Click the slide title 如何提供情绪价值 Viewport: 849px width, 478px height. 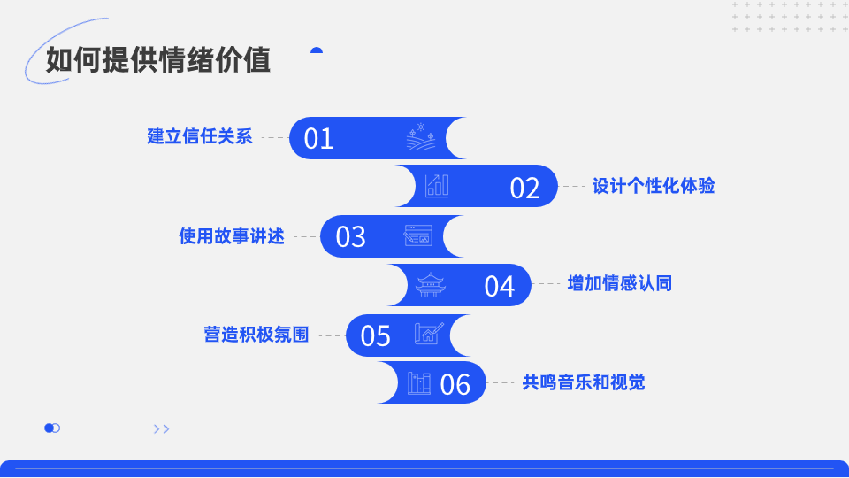point(158,59)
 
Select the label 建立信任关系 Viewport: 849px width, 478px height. point(200,136)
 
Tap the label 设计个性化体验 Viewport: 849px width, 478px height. point(654,186)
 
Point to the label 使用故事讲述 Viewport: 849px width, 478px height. point(232,236)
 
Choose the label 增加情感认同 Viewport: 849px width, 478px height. point(620,283)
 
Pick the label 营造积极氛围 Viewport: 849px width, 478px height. point(256,335)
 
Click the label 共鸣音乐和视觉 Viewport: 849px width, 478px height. point(584,382)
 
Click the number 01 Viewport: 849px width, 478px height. point(318,139)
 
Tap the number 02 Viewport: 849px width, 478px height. point(524,188)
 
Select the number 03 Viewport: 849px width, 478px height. point(350,237)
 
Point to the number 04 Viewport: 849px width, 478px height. point(499,286)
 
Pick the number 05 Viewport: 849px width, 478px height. point(375,336)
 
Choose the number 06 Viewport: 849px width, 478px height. point(455,385)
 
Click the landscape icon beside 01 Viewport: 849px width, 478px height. point(421,136)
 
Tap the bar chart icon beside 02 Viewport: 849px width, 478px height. point(437,186)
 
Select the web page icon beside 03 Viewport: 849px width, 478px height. point(418,235)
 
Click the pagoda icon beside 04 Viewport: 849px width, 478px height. point(431,284)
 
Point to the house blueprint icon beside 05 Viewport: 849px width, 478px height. point(429,334)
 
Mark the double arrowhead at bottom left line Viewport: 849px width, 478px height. point(161,428)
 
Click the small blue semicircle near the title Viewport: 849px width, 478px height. point(317,50)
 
